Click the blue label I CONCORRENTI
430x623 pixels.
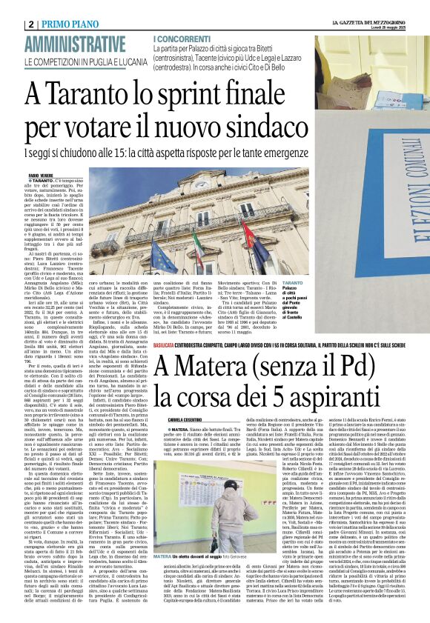click(181, 38)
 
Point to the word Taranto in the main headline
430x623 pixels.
click(96, 95)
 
